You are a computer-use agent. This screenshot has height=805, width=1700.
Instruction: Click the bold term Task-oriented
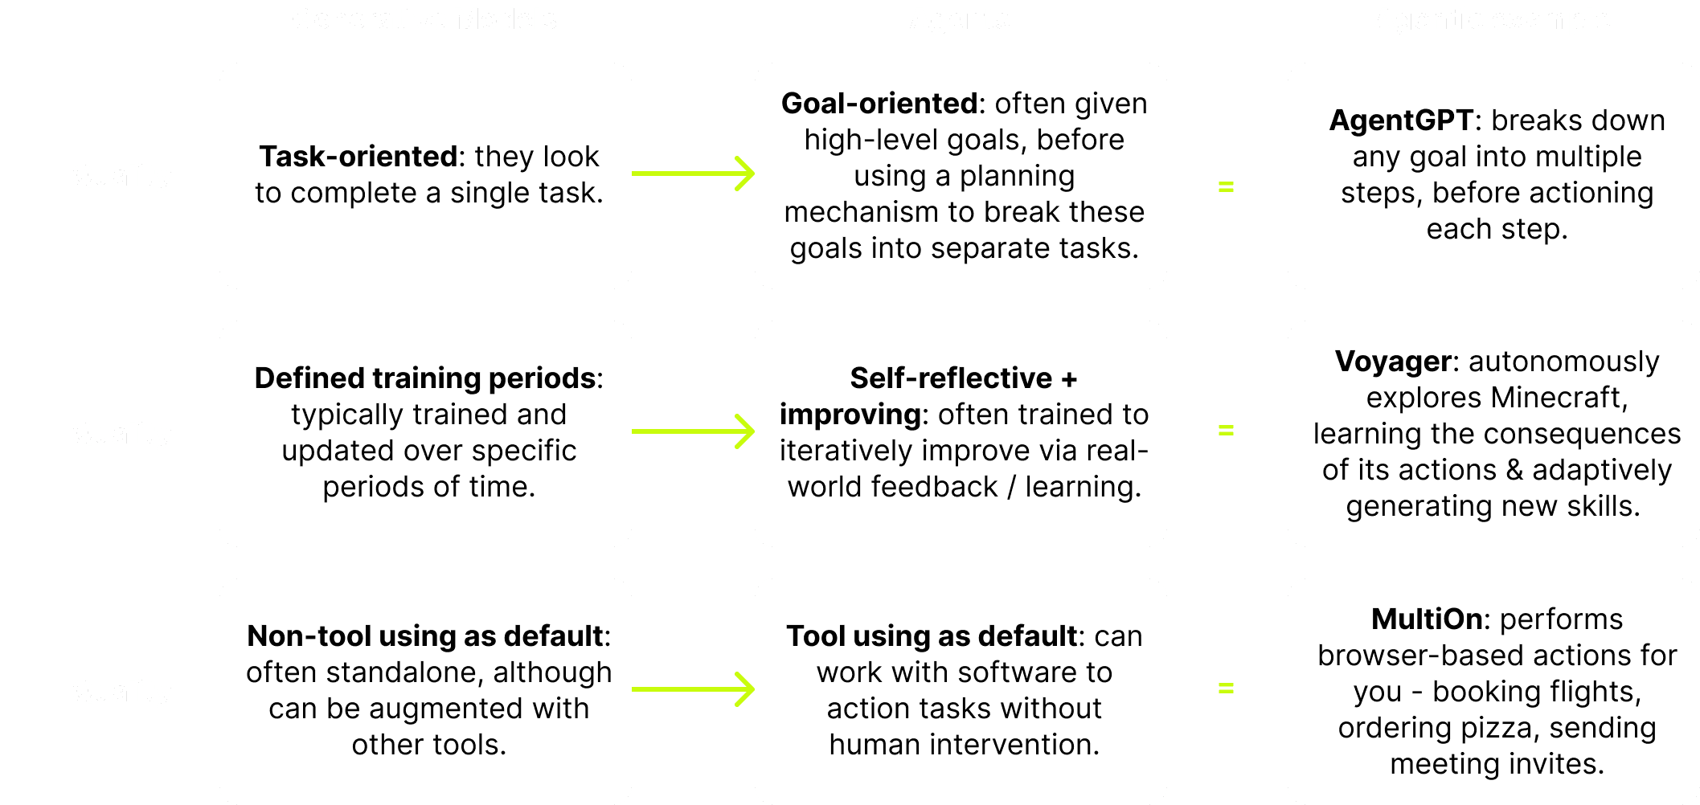[x=357, y=157]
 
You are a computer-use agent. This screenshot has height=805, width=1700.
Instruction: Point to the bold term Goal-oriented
[x=879, y=104]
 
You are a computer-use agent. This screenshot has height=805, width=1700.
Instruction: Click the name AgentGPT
[x=1401, y=121]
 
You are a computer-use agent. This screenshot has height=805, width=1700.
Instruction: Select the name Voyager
[x=1393, y=362]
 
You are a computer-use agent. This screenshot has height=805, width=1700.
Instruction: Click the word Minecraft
[x=1559, y=398]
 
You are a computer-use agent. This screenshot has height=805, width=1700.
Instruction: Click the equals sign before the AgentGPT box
[x=1226, y=187]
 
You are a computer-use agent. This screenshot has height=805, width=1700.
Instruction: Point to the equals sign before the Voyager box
[x=1226, y=431]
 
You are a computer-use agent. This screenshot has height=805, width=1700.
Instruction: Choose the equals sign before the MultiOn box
[x=1226, y=689]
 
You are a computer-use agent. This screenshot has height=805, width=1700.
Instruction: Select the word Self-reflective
[x=951, y=378]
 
